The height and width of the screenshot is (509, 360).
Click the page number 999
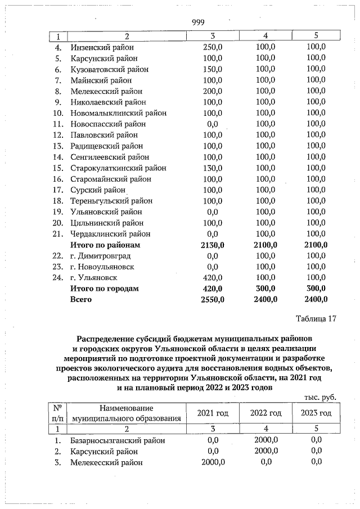(x=197, y=22)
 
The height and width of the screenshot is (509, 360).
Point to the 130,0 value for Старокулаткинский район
(x=213, y=168)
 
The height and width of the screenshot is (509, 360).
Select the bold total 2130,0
(x=213, y=245)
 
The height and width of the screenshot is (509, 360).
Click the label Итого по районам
(x=105, y=245)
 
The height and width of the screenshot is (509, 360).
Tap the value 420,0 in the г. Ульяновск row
(x=213, y=278)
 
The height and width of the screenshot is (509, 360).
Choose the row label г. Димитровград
(x=100, y=256)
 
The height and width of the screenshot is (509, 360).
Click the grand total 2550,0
(x=213, y=300)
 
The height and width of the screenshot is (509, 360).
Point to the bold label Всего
(x=80, y=300)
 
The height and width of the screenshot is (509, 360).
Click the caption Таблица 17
(x=316, y=319)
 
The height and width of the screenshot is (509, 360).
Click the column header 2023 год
(x=316, y=413)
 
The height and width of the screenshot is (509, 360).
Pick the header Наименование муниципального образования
(x=126, y=413)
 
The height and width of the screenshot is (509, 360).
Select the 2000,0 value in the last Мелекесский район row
(x=213, y=462)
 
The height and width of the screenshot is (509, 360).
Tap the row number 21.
(x=57, y=234)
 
